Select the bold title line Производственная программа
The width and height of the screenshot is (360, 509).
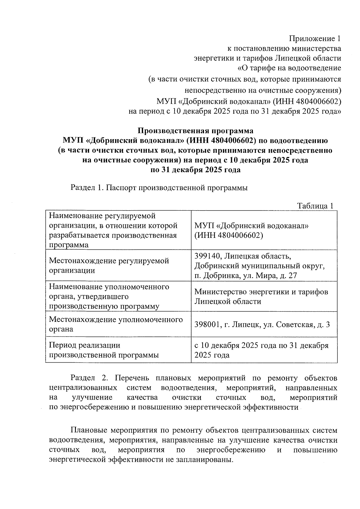pos(195,131)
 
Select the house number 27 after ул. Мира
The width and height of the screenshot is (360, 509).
pos(292,276)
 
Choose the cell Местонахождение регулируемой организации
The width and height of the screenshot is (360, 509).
pos(109,266)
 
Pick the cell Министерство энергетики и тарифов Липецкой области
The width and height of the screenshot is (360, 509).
pos(261,296)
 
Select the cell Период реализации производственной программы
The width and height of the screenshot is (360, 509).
pos(104,350)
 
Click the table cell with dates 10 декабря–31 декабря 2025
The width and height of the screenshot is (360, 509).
pos(261,350)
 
